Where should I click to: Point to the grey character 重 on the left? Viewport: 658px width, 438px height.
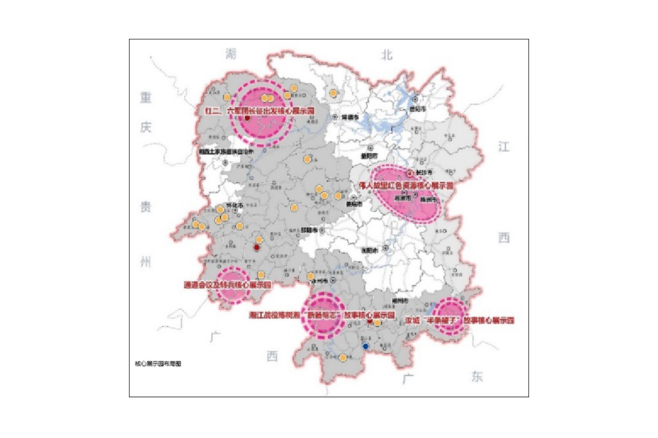(145, 98)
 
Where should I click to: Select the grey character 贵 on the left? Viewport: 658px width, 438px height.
(145, 208)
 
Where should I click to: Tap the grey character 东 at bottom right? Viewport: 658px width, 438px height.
(477, 376)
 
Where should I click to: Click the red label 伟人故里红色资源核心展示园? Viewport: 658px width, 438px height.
(406, 186)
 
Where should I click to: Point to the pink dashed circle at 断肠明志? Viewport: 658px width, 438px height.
(323, 316)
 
